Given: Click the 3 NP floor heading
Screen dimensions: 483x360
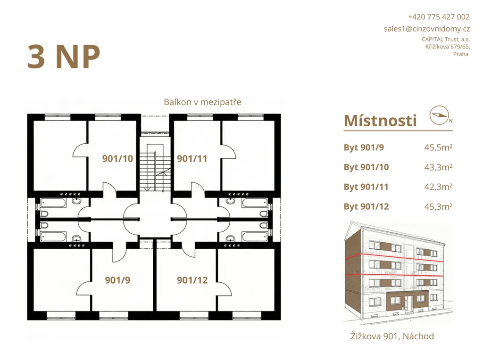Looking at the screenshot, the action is [x=64, y=57].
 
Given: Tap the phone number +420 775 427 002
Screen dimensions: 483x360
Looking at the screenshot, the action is [x=439, y=17].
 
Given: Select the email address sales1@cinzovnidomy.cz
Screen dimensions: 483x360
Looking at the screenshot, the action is [x=426, y=29].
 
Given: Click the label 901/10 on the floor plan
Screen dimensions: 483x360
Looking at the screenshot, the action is [x=117, y=159].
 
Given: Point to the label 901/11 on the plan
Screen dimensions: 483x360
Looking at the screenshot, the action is [x=192, y=159].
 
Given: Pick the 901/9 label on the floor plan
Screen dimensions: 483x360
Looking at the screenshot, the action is [x=117, y=280].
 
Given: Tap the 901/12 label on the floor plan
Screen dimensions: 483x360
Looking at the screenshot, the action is [x=192, y=280].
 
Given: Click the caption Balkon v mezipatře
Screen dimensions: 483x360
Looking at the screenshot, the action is [x=202, y=102].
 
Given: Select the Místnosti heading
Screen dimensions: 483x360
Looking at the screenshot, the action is [x=380, y=121].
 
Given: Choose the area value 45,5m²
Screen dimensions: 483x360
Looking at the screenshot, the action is [x=438, y=147].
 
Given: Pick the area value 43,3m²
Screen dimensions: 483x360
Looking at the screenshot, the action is [x=438, y=167].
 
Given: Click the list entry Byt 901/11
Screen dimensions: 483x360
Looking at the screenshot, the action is [x=366, y=187].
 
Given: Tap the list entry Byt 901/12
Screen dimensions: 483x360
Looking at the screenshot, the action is [x=366, y=207].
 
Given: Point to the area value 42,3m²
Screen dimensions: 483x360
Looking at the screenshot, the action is [x=438, y=187].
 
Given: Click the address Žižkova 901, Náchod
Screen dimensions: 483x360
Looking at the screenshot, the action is [x=392, y=336].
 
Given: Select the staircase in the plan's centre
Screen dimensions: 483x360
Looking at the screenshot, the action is [x=155, y=168].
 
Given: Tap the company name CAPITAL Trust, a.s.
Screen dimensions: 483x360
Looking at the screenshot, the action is [x=446, y=40].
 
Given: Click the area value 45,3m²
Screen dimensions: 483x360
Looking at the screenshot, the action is [x=438, y=206].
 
